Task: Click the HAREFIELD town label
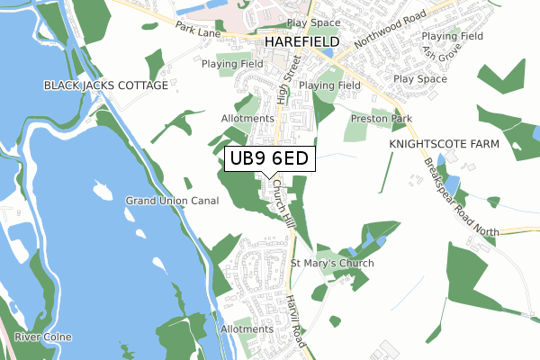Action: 301,42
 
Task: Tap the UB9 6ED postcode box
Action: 269,158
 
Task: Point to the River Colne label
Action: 40,337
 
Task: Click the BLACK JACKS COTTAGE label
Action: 105,85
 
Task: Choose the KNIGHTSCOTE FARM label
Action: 438,144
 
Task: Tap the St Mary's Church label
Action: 331,263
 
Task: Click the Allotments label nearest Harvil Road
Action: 247,330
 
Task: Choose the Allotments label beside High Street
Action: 247,118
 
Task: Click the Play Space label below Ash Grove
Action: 419,79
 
